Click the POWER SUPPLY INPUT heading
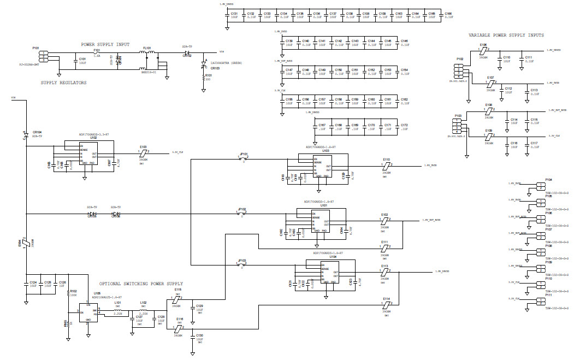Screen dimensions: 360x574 (x=105, y=44)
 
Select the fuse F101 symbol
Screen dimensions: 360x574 (x=97, y=52)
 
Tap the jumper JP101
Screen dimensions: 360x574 (x=244, y=159)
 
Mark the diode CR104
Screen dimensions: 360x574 (x=25, y=134)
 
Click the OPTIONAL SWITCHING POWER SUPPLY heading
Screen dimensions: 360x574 (x=141, y=284)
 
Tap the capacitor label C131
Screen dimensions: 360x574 (x=234, y=13)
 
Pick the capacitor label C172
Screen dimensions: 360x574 (x=404, y=125)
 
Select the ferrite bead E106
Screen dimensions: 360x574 (x=483, y=50)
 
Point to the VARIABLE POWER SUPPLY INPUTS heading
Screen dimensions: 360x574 (x=506, y=35)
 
